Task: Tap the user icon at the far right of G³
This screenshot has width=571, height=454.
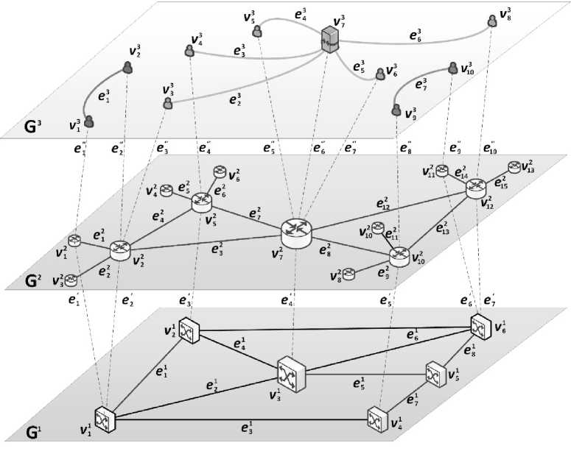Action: (x=491, y=21)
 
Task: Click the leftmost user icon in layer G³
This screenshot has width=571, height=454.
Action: (x=89, y=121)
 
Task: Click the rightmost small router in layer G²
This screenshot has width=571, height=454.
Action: (x=514, y=167)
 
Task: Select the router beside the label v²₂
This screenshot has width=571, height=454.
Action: (x=120, y=250)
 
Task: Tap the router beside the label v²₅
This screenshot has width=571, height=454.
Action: (x=201, y=204)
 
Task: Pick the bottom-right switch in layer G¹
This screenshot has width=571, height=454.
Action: (x=379, y=417)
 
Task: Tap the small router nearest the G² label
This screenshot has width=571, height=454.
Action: (x=71, y=279)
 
